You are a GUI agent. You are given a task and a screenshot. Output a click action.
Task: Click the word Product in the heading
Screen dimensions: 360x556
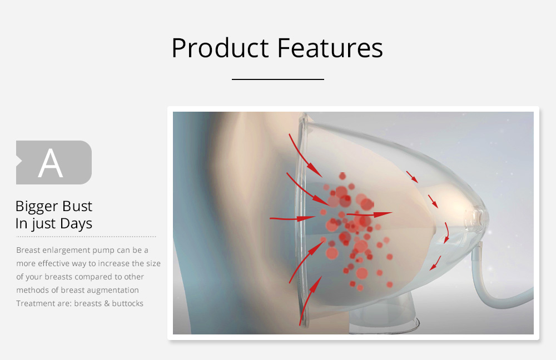220,48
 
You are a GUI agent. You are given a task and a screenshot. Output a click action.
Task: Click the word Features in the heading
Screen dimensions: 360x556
330,48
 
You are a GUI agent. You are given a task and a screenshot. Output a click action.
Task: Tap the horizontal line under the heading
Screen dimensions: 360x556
277,79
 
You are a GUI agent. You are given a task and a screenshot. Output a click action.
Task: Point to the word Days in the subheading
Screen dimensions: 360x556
77,224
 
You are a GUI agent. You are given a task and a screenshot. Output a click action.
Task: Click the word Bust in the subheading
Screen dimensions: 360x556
77,207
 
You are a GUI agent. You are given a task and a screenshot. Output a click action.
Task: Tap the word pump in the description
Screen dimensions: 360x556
108,250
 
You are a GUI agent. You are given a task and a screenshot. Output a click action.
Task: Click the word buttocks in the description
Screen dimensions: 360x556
126,303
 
